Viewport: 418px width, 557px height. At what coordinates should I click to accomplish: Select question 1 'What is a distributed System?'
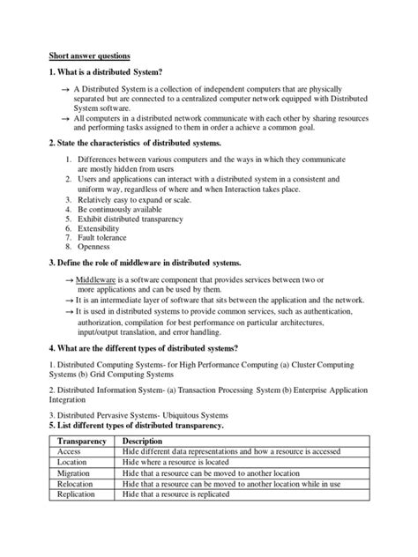click(x=106, y=71)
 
